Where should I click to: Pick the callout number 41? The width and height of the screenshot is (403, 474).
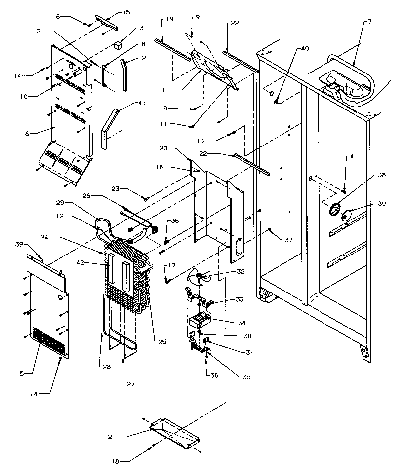click(127, 102)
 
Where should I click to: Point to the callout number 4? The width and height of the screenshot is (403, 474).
click(352, 157)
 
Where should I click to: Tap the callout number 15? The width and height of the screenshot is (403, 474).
click(126, 11)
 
